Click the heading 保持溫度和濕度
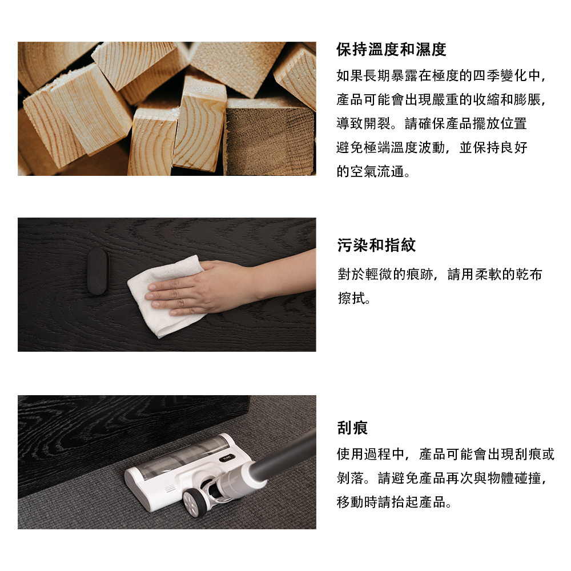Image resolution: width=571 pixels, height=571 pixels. point(391,50)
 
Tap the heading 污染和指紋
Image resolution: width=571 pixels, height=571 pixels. point(376,245)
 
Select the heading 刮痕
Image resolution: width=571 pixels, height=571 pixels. point(352,428)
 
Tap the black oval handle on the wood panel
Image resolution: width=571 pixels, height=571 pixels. point(98,271)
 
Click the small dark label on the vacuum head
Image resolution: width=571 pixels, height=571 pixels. point(227,458)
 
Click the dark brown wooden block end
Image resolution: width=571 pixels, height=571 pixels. point(269,138)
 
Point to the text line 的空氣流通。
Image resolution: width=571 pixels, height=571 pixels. point(373,171)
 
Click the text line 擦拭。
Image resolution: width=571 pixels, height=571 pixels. point(355,298)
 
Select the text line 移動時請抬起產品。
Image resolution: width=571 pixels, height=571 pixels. point(395,502)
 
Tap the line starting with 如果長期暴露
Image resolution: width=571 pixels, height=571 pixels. point(441,75)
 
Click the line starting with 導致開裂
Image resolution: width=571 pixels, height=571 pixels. point(432,123)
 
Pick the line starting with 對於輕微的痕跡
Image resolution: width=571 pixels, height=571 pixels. point(440,274)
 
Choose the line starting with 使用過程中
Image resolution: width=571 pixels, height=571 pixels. point(445,454)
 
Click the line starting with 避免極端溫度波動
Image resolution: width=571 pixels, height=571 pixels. point(432,147)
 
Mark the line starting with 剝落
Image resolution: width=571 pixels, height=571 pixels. point(442,478)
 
